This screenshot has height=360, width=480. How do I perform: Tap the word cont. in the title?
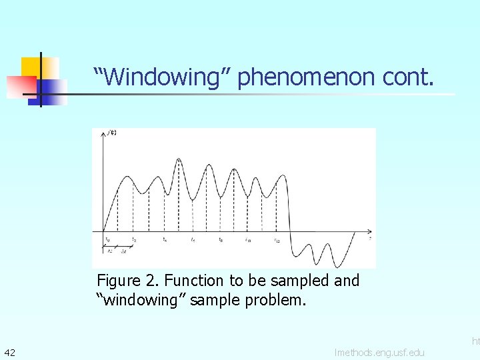click(x=408, y=77)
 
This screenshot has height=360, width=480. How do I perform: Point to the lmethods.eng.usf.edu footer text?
click(x=379, y=352)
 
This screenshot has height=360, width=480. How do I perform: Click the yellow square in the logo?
click(x=39, y=67)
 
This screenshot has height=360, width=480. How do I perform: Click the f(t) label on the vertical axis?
click(x=111, y=133)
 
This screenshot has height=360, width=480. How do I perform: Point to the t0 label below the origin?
click(x=107, y=239)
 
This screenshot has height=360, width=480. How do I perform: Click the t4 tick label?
click(x=165, y=239)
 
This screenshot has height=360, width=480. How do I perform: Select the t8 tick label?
click(x=221, y=239)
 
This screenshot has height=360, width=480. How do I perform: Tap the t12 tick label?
click(x=277, y=239)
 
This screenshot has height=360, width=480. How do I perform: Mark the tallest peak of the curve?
click(x=179, y=159)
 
